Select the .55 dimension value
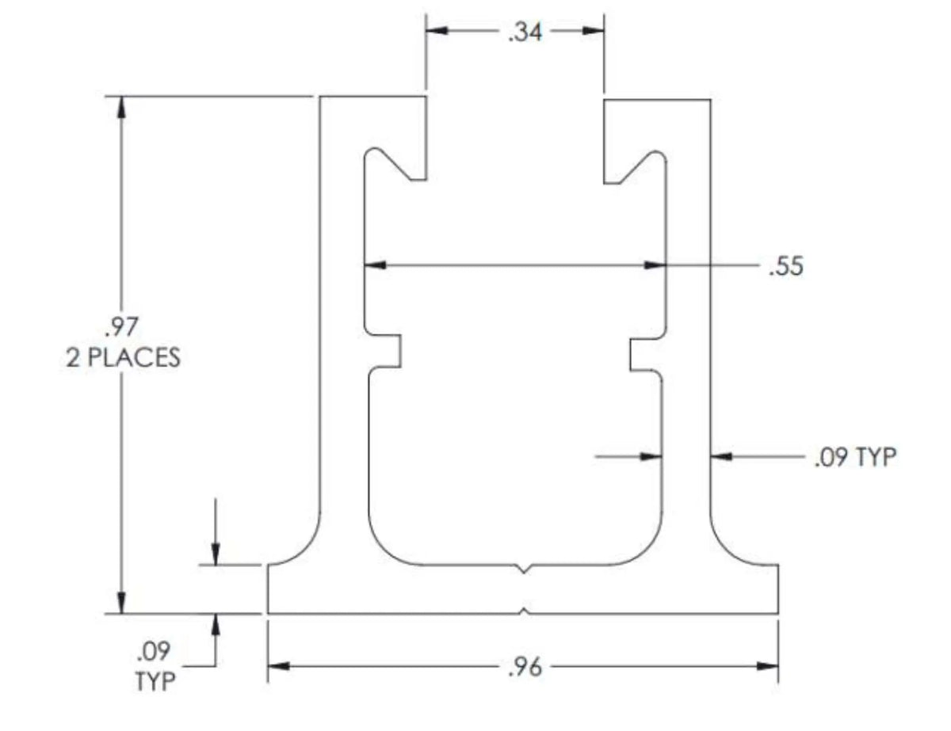point(785,265)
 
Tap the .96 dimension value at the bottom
point(524,668)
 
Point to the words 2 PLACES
point(122,358)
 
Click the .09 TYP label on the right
point(854,457)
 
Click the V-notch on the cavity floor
point(523,569)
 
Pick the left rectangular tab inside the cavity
point(388,352)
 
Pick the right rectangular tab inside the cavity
point(643,352)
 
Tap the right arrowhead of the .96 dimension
point(768,666)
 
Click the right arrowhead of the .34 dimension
point(594,31)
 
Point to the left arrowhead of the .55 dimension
point(374,265)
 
